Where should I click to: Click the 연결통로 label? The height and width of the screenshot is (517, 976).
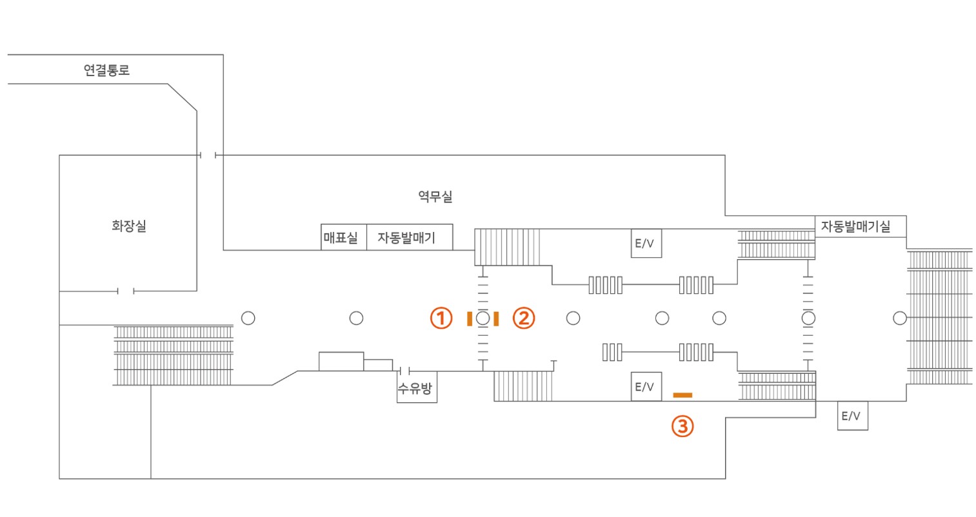[106, 70]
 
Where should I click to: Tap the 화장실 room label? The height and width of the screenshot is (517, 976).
[129, 226]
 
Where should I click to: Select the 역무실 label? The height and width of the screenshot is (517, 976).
[435, 197]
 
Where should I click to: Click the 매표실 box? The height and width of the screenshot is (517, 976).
[344, 237]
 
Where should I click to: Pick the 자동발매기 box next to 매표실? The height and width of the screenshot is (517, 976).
[410, 237]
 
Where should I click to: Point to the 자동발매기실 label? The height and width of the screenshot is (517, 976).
[856, 226]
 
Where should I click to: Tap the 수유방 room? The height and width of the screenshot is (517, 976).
[417, 387]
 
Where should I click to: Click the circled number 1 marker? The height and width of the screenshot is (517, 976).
[441, 318]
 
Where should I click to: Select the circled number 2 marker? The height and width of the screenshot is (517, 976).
[524, 318]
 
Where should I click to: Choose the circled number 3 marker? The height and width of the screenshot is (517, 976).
[682, 426]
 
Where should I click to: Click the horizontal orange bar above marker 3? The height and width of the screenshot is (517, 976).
[682, 395]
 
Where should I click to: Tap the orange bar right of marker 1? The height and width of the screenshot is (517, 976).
[470, 319]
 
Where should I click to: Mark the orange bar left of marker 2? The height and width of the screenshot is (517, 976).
[496, 319]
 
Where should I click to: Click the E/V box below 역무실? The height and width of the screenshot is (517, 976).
[646, 244]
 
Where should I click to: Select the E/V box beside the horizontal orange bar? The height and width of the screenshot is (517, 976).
[646, 387]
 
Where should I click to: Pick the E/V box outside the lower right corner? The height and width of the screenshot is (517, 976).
[853, 416]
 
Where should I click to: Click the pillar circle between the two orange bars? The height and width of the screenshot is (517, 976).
[483, 318]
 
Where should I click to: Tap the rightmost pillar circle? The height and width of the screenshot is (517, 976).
[900, 318]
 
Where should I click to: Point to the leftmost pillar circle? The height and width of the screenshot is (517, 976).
[248, 318]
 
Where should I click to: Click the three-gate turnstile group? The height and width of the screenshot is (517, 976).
[612, 353]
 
